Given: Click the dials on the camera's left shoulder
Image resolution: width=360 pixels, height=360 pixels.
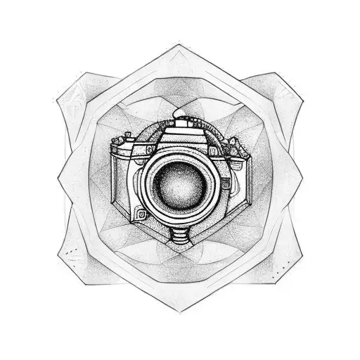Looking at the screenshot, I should (124, 143).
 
